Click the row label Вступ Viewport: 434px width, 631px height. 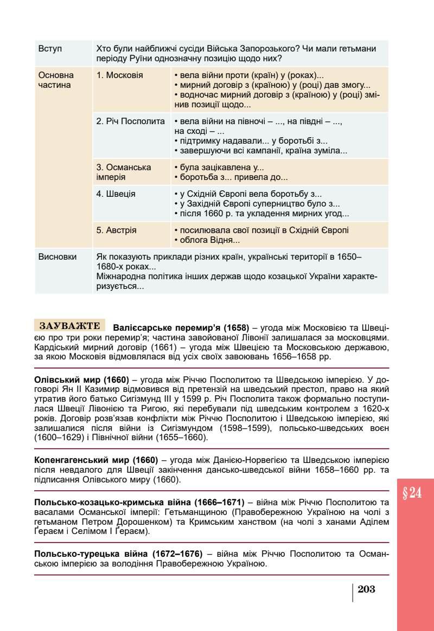click(50, 49)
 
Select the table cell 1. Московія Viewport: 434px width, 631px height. click(119, 75)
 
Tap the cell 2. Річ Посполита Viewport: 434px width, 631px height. click(130, 121)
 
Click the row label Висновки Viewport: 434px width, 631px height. click(58, 256)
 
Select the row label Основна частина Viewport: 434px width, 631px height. click(56, 80)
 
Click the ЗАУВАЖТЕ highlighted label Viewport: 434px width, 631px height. click(70, 326)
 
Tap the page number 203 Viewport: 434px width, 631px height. click(367, 589)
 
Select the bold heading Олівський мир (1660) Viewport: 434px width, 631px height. click(81, 379)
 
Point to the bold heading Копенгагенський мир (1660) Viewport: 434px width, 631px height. click(95, 460)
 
